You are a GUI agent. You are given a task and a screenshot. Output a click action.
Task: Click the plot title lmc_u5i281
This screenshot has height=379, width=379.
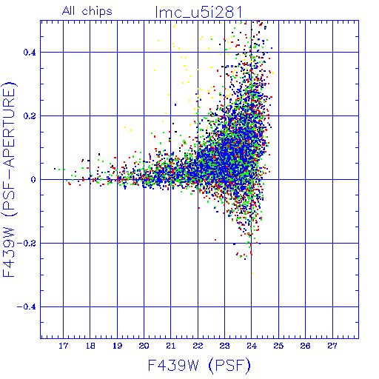pyautogui.click(x=198, y=13)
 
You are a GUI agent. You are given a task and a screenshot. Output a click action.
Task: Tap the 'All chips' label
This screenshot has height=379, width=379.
pyautogui.click(x=87, y=11)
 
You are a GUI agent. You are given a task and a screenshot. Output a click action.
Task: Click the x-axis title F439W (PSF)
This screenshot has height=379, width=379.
pyautogui.click(x=199, y=366)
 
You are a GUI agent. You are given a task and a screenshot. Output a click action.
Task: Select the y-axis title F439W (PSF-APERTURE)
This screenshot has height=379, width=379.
pyautogui.click(x=9, y=179)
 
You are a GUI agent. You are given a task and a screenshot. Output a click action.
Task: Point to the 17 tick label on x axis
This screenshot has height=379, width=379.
pyautogui.click(x=63, y=346)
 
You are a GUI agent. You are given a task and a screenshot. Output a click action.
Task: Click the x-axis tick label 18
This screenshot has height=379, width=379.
pyautogui.click(x=90, y=346)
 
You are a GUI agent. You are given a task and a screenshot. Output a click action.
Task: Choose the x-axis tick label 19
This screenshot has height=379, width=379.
pyautogui.click(x=117, y=346)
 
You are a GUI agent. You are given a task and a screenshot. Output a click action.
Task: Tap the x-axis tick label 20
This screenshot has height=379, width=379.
pyautogui.click(x=144, y=346)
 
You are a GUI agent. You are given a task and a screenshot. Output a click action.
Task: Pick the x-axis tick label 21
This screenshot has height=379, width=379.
pyautogui.click(x=171, y=346)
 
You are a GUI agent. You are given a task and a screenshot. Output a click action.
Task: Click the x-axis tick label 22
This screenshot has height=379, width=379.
pyautogui.click(x=198, y=346)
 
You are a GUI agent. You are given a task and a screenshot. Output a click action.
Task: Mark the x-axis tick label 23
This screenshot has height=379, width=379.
pyautogui.click(x=224, y=346)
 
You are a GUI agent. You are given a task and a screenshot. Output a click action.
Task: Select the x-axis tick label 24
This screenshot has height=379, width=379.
pyautogui.click(x=252, y=346)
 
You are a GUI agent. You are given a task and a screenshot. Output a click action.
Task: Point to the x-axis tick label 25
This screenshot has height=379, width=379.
pyautogui.click(x=278, y=346)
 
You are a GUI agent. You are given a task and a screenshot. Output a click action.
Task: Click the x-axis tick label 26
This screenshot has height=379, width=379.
pyautogui.click(x=306, y=346)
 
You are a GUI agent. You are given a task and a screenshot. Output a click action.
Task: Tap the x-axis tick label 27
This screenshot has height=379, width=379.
pyautogui.click(x=332, y=346)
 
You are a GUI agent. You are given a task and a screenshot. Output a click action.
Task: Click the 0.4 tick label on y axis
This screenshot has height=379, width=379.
pyautogui.click(x=30, y=53)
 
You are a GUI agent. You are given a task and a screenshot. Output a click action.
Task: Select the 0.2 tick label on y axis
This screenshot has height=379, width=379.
pyautogui.click(x=30, y=116)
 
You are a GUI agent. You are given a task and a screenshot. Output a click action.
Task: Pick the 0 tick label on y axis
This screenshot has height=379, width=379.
pyautogui.click(x=33, y=180)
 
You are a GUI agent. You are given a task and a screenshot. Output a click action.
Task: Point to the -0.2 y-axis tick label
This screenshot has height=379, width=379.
pyautogui.click(x=27, y=244)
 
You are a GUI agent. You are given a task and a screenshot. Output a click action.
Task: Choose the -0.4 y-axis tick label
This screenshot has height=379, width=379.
pyautogui.click(x=27, y=307)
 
